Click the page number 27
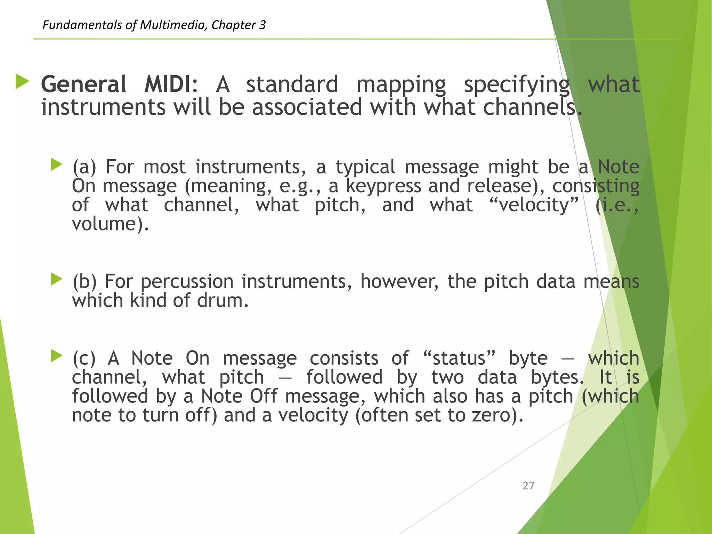pyautogui.click(x=528, y=486)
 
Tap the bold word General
pyautogui.click(x=84, y=84)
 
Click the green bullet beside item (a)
pyautogui.click(x=56, y=164)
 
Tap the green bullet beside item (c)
pyautogui.click(x=56, y=356)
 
